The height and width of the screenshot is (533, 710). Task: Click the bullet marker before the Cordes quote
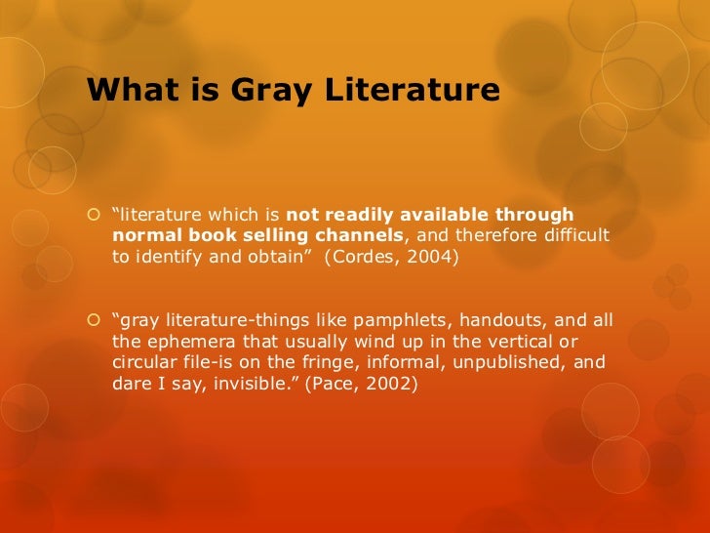click(x=94, y=215)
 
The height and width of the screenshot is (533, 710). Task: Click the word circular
click(x=145, y=364)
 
